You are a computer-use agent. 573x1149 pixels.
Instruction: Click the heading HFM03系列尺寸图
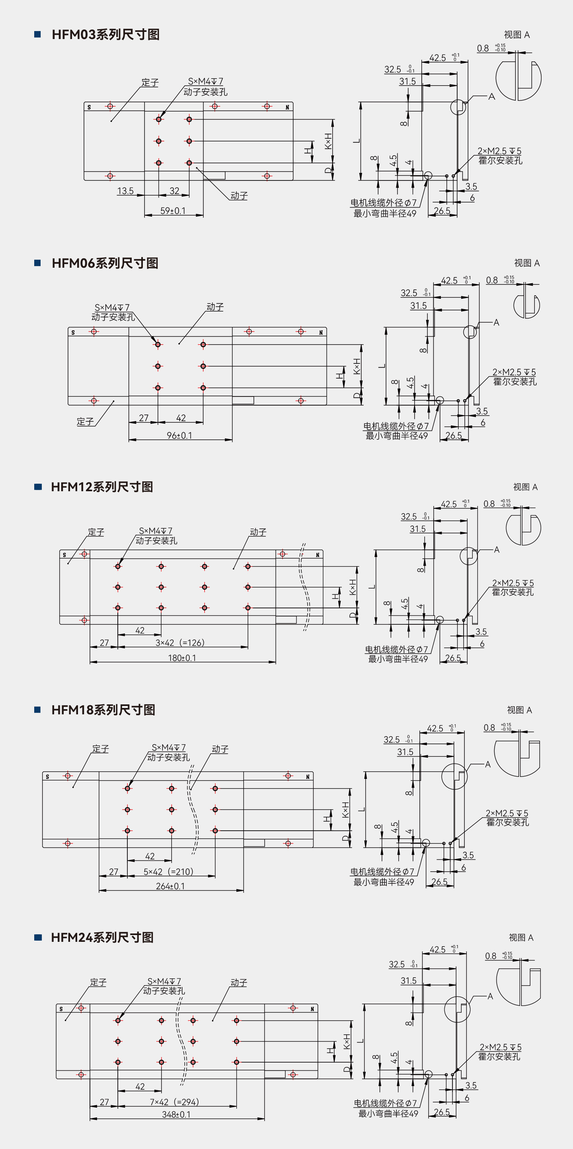tap(105, 34)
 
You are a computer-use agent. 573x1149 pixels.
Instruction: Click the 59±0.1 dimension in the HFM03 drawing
tap(173, 210)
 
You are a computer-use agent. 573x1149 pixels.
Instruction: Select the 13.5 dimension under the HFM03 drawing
tap(125, 191)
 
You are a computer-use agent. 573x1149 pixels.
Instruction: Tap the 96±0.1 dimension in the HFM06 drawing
tap(179, 435)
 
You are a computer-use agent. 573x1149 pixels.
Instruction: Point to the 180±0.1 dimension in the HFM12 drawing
tap(182, 658)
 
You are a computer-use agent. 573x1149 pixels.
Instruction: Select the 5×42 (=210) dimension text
tap(168, 872)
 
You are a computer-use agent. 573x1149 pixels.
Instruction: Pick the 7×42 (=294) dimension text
tap(174, 1102)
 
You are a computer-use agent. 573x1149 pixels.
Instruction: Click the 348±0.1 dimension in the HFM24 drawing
tap(176, 1114)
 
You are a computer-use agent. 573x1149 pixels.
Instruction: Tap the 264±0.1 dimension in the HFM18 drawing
tap(170, 886)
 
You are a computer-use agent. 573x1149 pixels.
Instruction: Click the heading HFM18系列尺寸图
tap(103, 710)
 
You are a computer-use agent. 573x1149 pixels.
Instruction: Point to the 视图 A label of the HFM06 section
tap(527, 263)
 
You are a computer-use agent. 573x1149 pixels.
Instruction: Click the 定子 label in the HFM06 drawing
tap(85, 422)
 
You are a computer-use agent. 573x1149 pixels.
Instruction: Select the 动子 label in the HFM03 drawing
tap(239, 196)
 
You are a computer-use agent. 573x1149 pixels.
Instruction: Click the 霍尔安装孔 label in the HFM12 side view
tap(513, 592)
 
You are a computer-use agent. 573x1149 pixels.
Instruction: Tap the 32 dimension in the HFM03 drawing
tap(174, 191)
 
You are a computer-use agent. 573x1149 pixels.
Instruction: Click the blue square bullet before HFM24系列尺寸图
tap(38, 937)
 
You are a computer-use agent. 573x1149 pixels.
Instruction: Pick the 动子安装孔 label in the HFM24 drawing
tap(164, 991)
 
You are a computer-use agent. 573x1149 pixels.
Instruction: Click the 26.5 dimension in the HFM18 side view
tap(439, 882)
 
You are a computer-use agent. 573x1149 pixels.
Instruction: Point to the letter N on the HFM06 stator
tap(321, 333)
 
